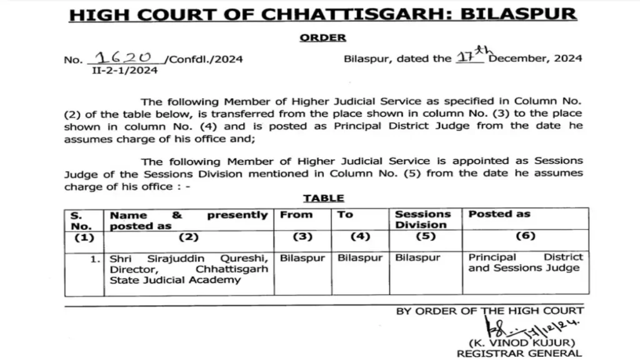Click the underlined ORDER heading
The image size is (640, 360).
point(322,37)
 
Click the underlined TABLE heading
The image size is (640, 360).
point(324,198)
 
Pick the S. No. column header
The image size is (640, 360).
point(81,220)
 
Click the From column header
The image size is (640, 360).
point(296,214)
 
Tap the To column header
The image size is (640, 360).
point(345,214)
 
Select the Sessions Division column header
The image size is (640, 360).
point(422,219)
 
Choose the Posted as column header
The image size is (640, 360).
point(499,214)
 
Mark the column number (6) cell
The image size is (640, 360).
point(526,237)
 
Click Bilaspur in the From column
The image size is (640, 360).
point(302,257)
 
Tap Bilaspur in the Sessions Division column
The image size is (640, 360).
point(417,257)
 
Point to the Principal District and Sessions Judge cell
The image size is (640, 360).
point(525,262)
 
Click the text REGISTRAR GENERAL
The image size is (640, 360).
point(519,354)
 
